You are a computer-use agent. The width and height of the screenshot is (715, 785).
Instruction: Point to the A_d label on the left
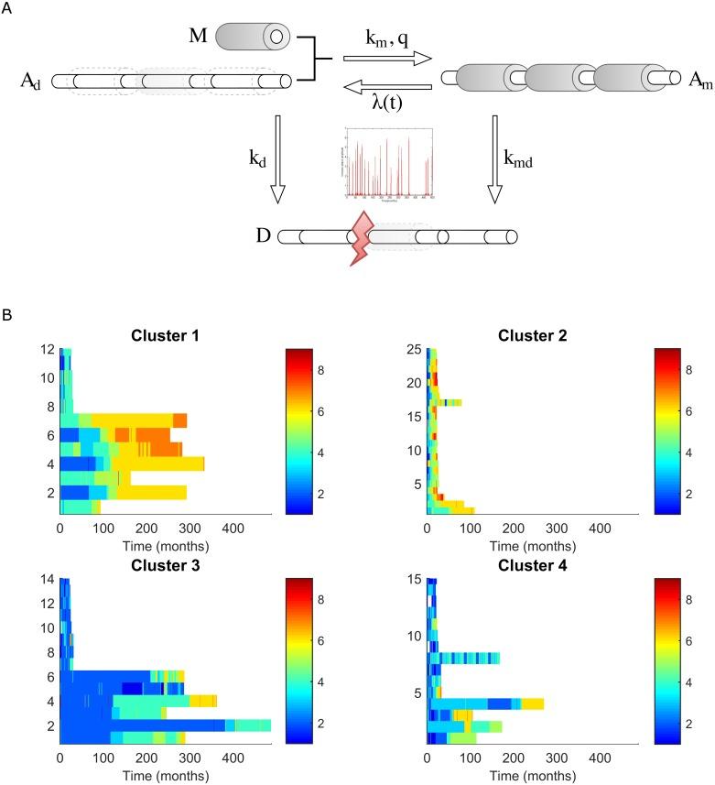(30, 82)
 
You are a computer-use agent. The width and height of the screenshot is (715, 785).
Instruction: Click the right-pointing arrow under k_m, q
(386, 60)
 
